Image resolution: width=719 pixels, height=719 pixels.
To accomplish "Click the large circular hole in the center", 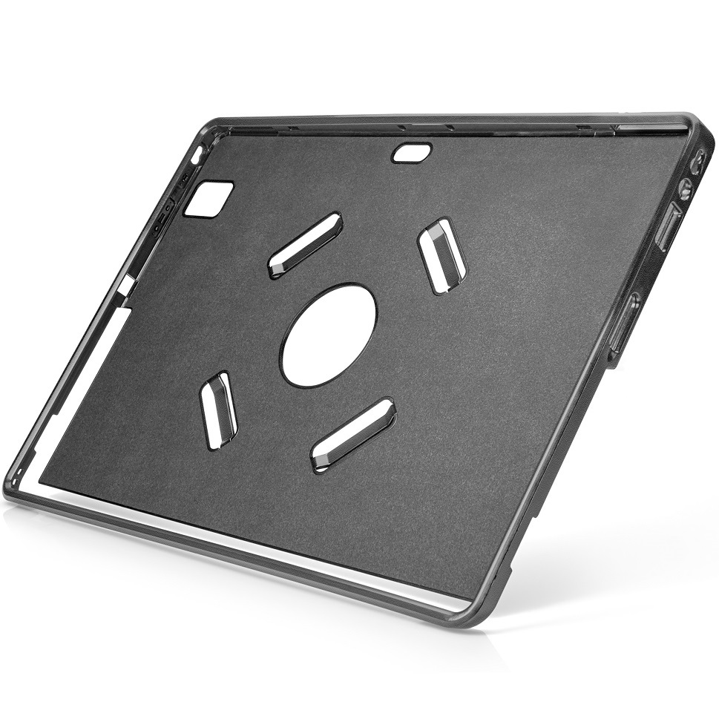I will pos(328,335).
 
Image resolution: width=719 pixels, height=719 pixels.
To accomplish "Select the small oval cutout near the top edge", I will pos(412,153).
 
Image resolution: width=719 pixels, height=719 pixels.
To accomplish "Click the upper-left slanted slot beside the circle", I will pos(305,245).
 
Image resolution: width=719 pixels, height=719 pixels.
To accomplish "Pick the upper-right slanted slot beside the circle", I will pos(442,255).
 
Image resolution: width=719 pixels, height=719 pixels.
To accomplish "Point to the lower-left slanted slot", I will pos(218,410).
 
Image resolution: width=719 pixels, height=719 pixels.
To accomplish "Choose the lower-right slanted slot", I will pos(352,435).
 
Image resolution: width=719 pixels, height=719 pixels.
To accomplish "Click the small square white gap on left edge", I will pos(126,285).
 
